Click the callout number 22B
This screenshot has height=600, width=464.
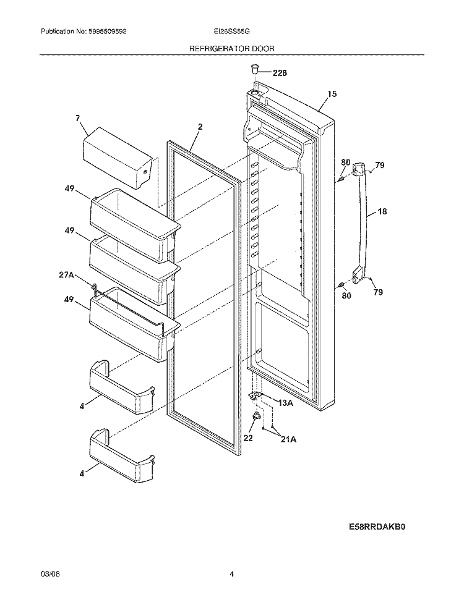pyautogui.click(x=280, y=73)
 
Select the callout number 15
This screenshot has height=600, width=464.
pyautogui.click(x=332, y=94)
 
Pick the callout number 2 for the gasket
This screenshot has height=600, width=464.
pyautogui.click(x=200, y=127)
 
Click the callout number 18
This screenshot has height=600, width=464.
pyautogui.click(x=382, y=211)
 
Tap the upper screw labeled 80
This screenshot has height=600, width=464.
pyautogui.click(x=340, y=180)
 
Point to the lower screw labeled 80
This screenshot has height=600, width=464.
pyautogui.click(x=340, y=285)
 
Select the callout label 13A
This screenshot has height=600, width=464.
pyautogui.click(x=285, y=403)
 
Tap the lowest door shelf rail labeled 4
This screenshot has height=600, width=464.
pyautogui.click(x=121, y=451)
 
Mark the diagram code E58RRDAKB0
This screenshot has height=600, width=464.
pyautogui.click(x=379, y=527)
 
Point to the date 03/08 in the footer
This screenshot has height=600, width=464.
pyautogui.click(x=48, y=574)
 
